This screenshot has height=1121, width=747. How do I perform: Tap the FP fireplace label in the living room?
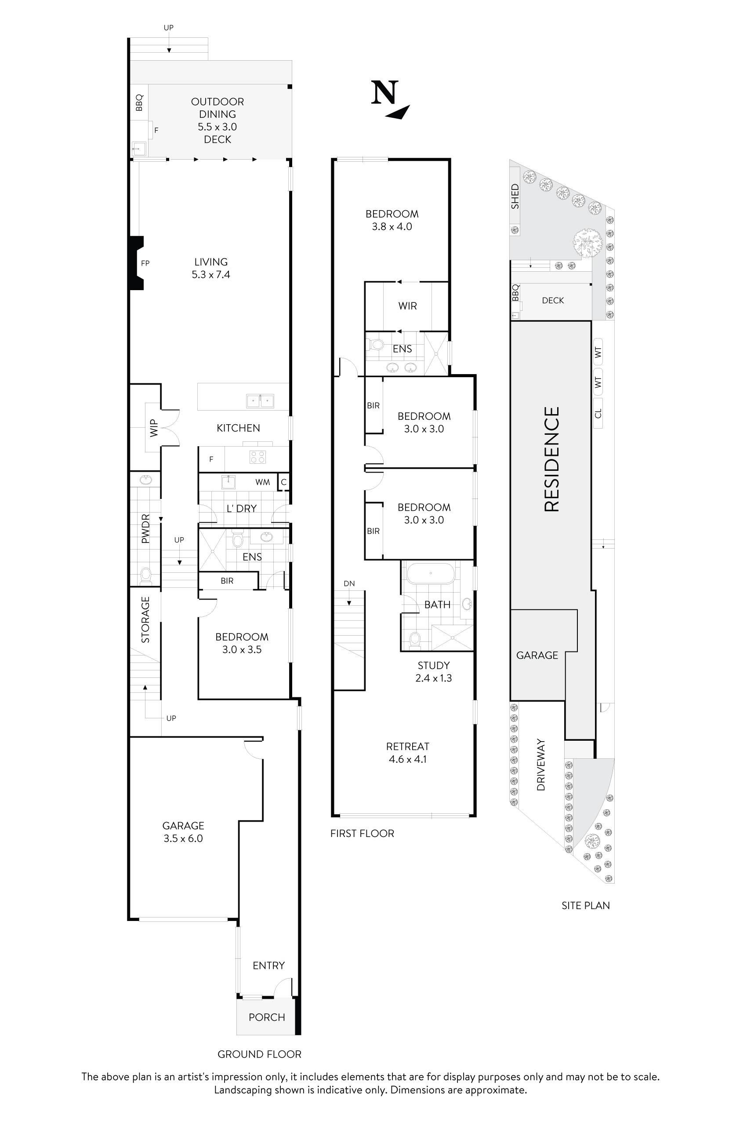coord(145,263)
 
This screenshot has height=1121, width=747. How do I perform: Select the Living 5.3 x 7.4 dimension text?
coord(210,274)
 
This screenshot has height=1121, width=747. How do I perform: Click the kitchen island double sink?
coord(260,401)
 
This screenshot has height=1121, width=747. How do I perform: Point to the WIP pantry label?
coord(153,428)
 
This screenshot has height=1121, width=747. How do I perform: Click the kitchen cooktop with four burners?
coord(258,457)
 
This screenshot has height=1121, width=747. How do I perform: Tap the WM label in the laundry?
coord(262,482)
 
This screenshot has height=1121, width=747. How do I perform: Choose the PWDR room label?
coord(145,528)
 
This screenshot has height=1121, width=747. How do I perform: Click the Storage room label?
coord(145,619)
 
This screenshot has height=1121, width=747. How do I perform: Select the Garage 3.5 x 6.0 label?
coord(183,832)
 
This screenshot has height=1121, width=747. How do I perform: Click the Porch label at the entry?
coord(266,1017)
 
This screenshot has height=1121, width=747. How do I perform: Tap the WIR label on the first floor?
coord(407,306)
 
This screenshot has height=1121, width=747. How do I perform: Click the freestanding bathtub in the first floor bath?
coord(431,573)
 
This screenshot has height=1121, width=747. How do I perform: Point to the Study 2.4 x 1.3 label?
coord(434,672)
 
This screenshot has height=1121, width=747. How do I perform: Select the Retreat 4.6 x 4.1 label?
coord(407,753)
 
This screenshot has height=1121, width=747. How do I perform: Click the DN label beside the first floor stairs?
coord(349,583)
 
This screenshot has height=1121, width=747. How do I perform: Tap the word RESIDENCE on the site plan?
coord(551,459)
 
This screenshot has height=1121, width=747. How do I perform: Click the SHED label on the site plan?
coord(515,197)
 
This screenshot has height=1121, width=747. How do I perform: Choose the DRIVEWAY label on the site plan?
coord(541,764)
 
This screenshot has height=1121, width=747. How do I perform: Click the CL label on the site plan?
coord(598,413)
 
